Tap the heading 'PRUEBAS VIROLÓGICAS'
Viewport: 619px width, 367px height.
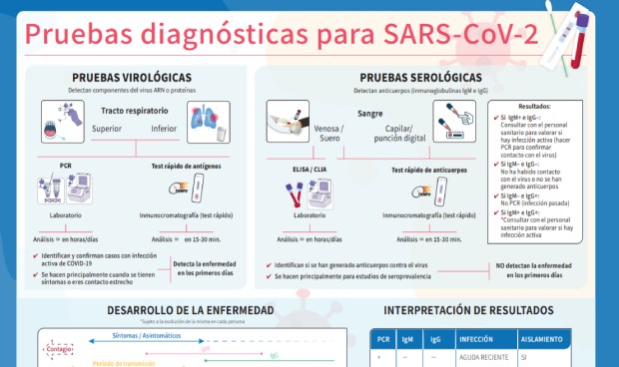132,78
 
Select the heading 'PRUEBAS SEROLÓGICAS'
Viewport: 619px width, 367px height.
426,78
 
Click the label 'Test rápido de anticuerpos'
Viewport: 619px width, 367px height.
431,170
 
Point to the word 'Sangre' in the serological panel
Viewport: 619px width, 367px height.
370,114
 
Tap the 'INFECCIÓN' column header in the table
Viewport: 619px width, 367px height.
476,340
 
